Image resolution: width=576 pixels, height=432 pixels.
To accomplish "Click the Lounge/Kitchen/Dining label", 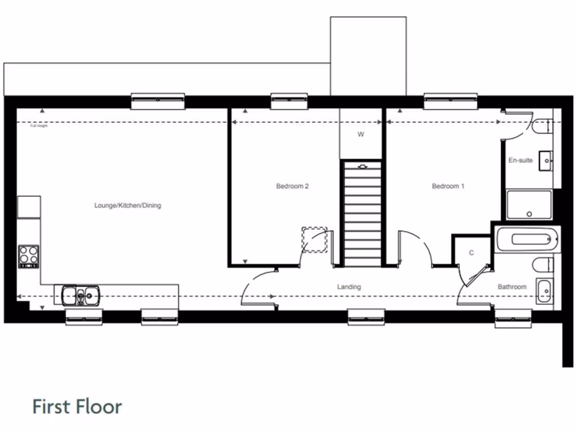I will (x=128, y=205).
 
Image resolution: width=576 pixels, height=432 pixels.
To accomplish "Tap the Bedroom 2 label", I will (x=292, y=186).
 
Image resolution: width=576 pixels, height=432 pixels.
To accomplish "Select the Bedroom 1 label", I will (x=448, y=186).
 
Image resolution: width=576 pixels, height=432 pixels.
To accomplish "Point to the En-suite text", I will (x=520, y=160).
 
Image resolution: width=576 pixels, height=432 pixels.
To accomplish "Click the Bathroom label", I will (x=512, y=287).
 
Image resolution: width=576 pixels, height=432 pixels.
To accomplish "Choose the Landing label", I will (x=349, y=287).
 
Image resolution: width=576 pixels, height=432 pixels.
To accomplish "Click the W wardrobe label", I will (x=361, y=134).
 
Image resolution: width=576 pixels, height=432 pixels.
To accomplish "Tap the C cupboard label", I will (x=471, y=253).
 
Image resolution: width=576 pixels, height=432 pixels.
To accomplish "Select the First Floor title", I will (x=77, y=406).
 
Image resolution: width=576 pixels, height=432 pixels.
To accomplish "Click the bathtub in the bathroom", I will (x=528, y=240).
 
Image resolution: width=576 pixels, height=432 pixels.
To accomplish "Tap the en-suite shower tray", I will (x=529, y=205).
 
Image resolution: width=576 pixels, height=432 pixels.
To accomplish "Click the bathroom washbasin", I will (x=544, y=291).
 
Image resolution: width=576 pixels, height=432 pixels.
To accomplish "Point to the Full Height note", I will (x=39, y=126).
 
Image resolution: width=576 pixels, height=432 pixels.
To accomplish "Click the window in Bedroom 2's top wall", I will (x=289, y=100).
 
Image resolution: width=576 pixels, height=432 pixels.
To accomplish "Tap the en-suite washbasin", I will (x=546, y=161).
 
